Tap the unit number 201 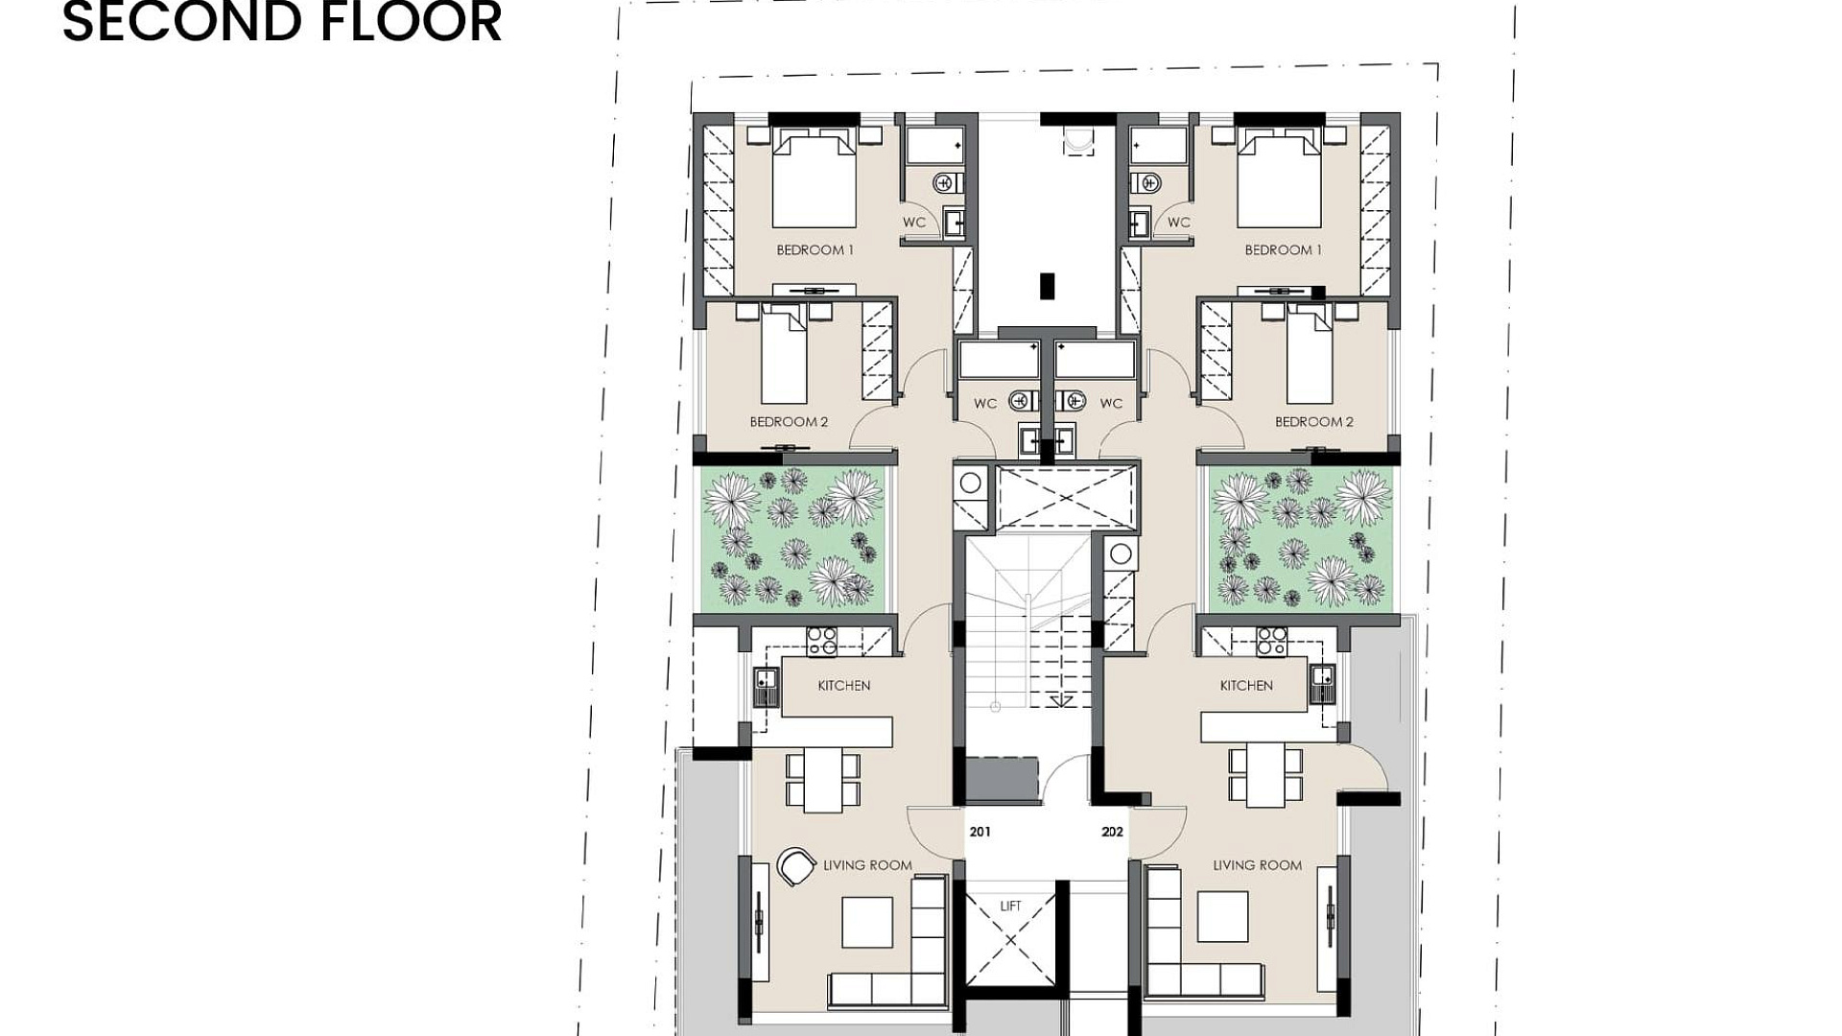[980, 832]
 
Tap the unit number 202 [1112, 832]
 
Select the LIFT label [1010, 906]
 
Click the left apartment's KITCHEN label [844, 685]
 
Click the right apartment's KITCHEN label [1246, 685]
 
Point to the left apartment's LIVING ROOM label [867, 865]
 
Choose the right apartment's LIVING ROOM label [1258, 865]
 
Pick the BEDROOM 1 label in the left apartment [815, 249]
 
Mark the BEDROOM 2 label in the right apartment [1314, 421]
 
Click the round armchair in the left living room [795, 866]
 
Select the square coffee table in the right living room [1222, 917]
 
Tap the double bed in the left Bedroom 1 [814, 179]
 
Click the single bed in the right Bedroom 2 [1310, 355]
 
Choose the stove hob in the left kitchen [821, 641]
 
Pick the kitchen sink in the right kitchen [1322, 683]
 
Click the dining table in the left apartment [822, 779]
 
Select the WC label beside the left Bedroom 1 [914, 222]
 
